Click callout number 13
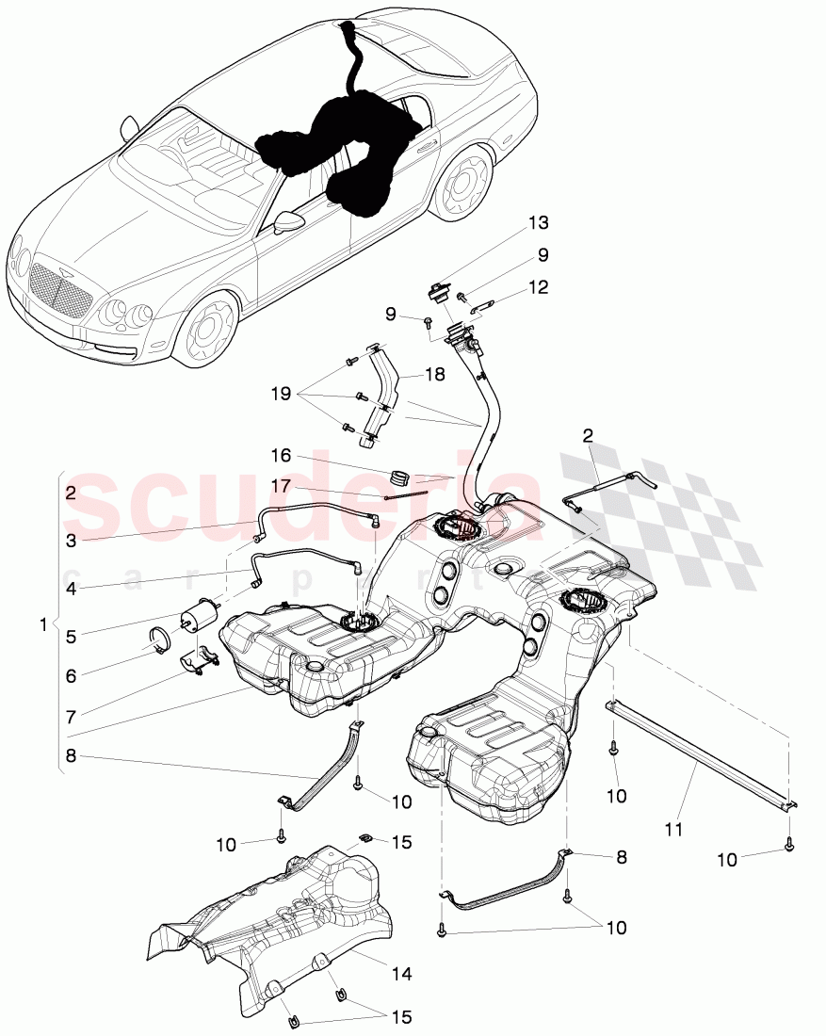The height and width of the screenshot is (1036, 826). (x=538, y=223)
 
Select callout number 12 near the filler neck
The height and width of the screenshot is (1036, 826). (x=538, y=287)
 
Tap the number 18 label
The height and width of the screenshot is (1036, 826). (x=434, y=374)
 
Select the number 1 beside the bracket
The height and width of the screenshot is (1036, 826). (x=40, y=623)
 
